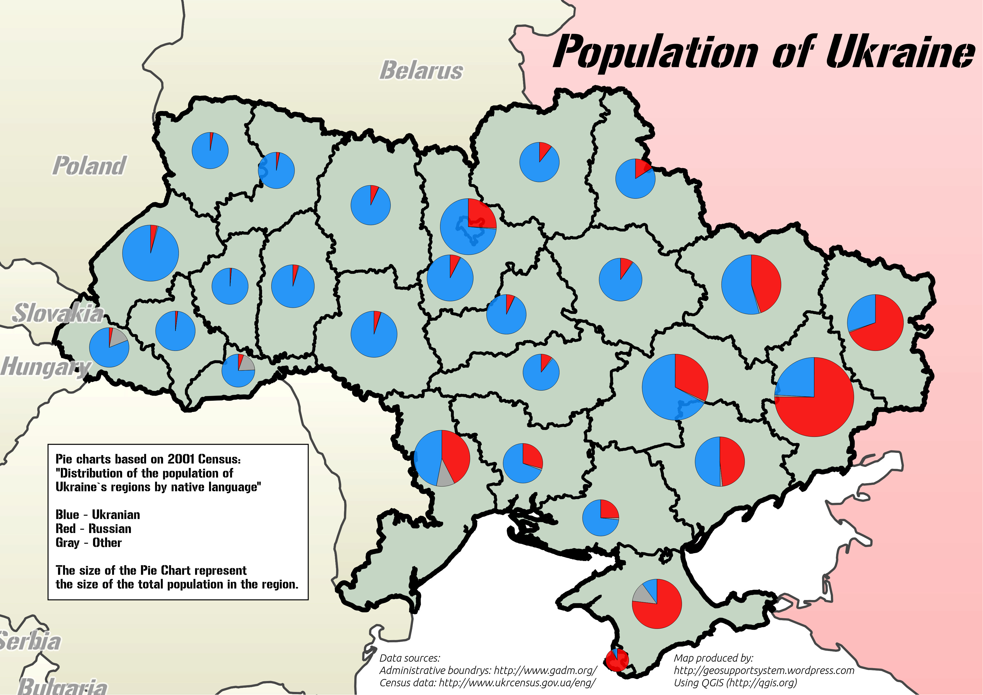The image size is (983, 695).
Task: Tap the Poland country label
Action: [89, 166]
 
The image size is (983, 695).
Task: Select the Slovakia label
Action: [57, 313]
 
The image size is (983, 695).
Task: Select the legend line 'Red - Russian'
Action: [93, 529]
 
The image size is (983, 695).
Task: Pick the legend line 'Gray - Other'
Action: [89, 543]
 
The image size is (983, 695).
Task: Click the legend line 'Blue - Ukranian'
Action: [98, 515]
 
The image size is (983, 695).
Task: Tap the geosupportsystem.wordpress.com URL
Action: [764, 670]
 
